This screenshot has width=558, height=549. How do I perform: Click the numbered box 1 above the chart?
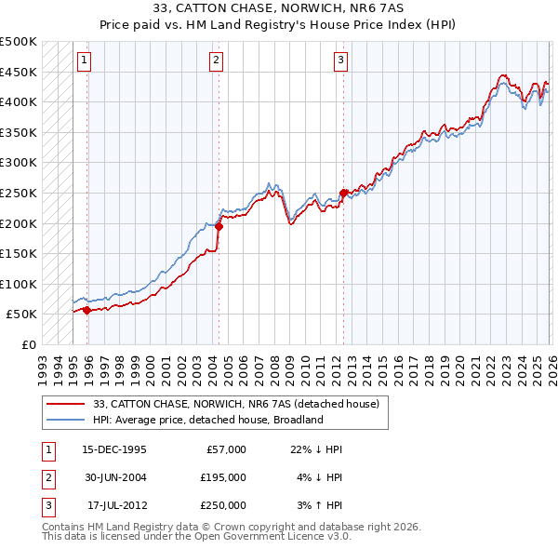(84, 61)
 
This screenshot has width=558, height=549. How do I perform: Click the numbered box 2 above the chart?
(216, 61)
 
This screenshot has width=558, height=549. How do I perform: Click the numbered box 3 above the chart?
(340, 61)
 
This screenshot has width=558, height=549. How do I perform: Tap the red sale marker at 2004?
(219, 226)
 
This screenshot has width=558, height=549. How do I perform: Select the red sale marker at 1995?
(86, 310)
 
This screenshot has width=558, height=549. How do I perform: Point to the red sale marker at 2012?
(343, 193)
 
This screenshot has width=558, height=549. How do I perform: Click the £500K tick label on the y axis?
(19, 42)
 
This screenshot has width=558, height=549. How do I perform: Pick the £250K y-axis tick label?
(19, 193)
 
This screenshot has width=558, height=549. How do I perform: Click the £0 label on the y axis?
(28, 344)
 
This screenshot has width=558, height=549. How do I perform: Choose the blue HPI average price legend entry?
(206, 420)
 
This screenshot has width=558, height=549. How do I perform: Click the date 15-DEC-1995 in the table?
(113, 449)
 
